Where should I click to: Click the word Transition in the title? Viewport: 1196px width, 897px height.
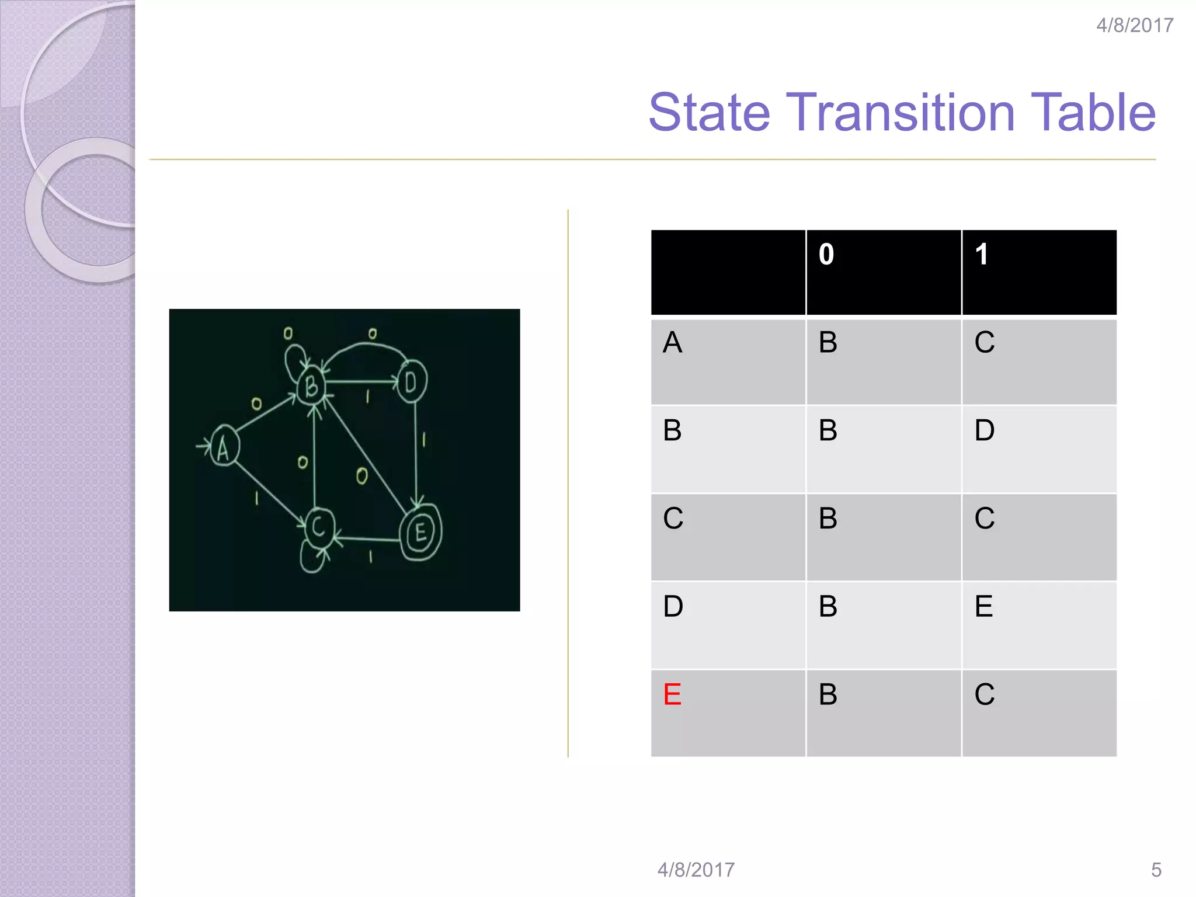pos(903,112)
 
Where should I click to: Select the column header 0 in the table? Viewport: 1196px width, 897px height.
pos(826,255)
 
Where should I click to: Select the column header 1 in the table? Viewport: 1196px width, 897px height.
pos(982,255)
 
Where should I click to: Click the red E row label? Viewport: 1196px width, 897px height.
pos(672,694)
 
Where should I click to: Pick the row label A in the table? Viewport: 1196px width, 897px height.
pos(672,342)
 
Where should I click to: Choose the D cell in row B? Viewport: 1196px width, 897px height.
pos(985,430)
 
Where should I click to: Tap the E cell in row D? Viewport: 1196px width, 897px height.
pos(983,606)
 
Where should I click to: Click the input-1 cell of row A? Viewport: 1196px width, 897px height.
pos(985,342)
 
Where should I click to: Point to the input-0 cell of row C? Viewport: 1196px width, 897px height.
pos(828,519)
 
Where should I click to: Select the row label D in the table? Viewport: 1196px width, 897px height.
pos(673,606)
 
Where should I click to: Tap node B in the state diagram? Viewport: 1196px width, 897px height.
pos(311,385)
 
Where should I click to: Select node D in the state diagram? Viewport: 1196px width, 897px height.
pos(412,383)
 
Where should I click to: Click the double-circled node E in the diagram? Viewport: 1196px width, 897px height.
pos(420,532)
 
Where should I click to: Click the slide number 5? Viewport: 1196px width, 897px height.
pos(1156,870)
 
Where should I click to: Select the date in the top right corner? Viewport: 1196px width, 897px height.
pos(1134,26)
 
